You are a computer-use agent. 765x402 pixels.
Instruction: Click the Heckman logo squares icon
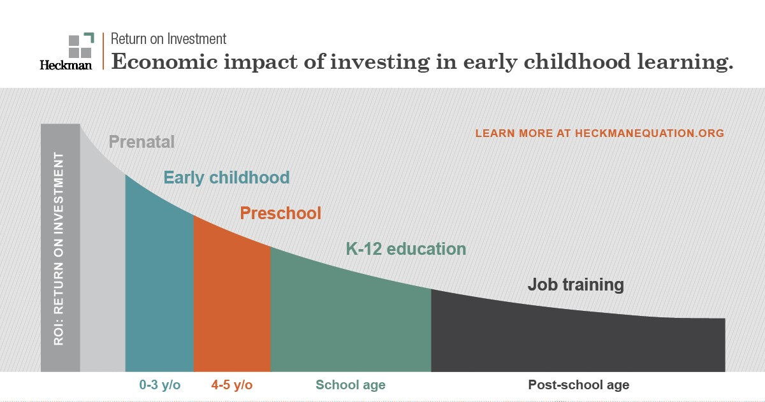click(80, 45)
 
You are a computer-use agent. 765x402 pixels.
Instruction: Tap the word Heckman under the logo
click(66, 64)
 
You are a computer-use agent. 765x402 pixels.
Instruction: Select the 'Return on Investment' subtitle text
click(168, 39)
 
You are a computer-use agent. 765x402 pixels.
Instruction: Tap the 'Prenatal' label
click(142, 141)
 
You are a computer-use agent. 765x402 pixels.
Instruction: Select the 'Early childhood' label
click(226, 177)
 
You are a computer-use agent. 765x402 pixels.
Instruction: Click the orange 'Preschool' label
click(280, 213)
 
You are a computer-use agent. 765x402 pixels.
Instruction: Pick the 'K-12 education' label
click(405, 248)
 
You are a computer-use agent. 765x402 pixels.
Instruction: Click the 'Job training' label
click(575, 284)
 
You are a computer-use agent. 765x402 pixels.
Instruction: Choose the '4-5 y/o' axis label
click(231, 385)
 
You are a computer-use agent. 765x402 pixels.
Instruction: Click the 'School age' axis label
click(351, 385)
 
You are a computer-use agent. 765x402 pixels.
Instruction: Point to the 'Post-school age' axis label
click(578, 385)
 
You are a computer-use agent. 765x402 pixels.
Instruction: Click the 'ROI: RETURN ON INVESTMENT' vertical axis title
click(60, 248)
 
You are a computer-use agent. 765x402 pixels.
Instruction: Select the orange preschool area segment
click(232, 306)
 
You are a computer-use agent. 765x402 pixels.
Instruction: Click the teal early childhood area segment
click(159, 287)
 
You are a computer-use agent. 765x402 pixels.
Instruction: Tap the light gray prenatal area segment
click(102, 268)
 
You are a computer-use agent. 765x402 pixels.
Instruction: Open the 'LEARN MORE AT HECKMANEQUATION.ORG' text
click(599, 134)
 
